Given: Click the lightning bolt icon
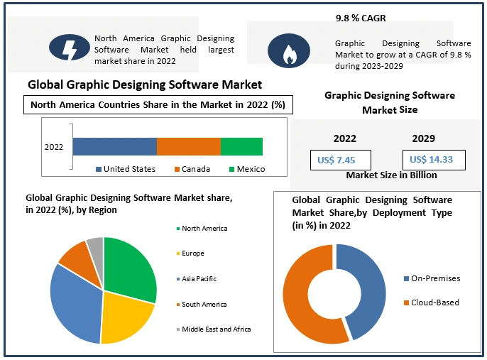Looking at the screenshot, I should pos(70,48).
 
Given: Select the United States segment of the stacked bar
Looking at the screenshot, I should pos(114,146).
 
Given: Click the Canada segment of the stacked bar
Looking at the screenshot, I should pos(188,146).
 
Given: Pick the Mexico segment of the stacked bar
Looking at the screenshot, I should pos(241,146).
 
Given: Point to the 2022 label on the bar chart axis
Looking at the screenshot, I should pos(54,147).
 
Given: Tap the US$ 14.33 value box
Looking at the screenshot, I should pos(432,160).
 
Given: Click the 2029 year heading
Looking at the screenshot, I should pos(423,138).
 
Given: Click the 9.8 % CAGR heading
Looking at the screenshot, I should pos(361,18).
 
